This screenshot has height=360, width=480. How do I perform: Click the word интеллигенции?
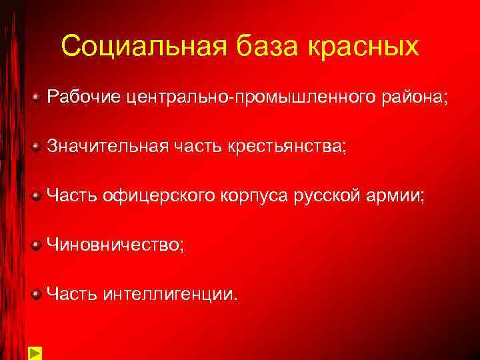point(170,293)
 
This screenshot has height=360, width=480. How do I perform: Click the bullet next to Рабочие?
point(37,98)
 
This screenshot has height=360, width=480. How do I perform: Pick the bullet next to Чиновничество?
point(37,245)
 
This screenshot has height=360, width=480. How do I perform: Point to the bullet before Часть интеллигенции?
point(37,294)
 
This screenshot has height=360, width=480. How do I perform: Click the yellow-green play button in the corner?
point(35,353)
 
